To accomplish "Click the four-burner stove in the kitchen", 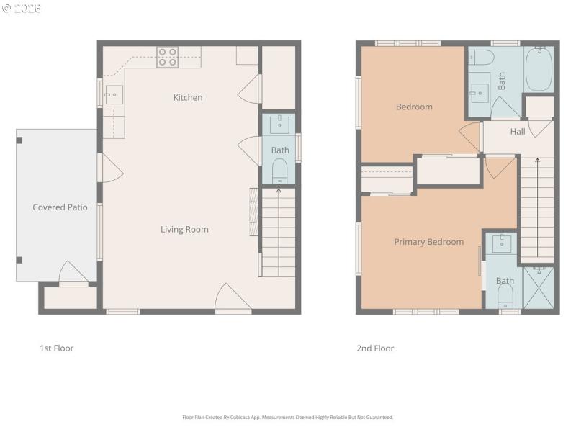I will [x=168, y=57].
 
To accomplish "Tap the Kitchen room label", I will [x=188, y=97].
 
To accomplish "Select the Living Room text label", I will [x=184, y=230].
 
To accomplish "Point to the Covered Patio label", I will [x=60, y=207].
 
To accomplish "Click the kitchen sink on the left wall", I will [x=114, y=94].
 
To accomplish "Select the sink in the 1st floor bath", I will [x=279, y=125].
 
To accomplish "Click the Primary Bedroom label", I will [x=428, y=242].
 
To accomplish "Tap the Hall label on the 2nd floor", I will [x=518, y=132].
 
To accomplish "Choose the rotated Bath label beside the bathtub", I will [x=502, y=79].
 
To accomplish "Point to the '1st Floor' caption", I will [x=56, y=348].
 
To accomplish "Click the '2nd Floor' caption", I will [x=375, y=348].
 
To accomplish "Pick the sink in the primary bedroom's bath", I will [x=503, y=244].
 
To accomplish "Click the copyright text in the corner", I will [x=22, y=9].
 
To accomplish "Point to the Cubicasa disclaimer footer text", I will [x=288, y=417].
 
